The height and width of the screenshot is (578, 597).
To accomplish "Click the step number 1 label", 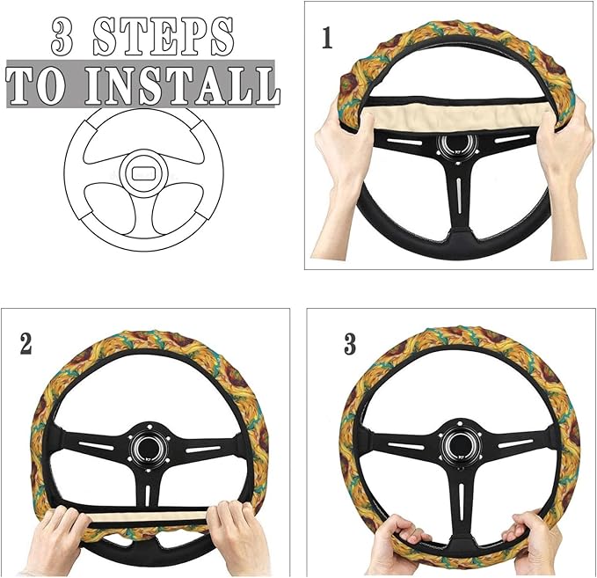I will coord(327,40).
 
